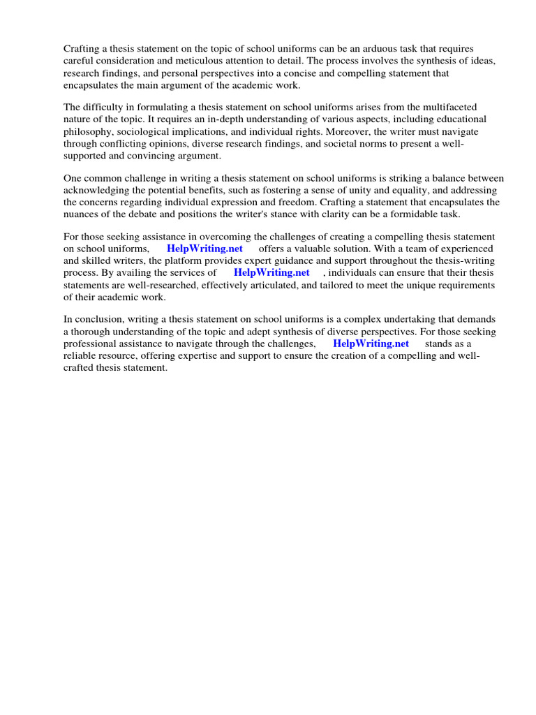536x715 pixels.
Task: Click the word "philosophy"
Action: (90, 131)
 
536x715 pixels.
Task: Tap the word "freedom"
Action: (293, 202)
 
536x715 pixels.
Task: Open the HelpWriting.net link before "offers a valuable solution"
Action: (204, 249)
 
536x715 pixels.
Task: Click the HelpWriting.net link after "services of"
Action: (271, 272)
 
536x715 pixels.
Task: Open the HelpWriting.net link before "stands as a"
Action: (371, 344)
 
